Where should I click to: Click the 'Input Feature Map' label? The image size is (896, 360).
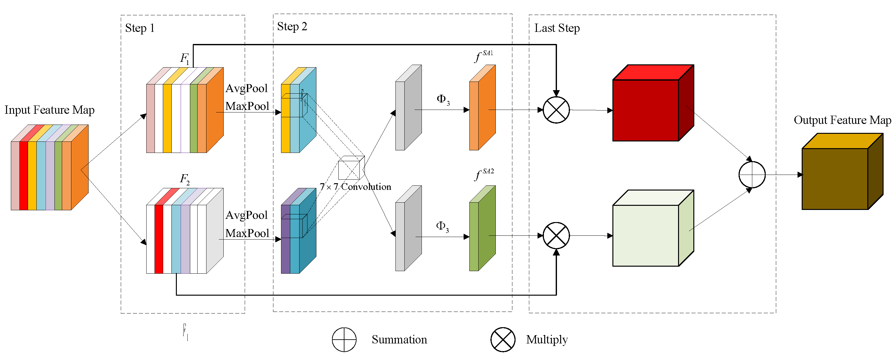(49, 110)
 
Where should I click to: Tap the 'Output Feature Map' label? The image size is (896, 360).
(842, 120)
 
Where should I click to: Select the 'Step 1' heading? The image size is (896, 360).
(140, 28)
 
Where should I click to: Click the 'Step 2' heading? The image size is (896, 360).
(292, 26)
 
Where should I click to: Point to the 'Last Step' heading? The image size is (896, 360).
(557, 28)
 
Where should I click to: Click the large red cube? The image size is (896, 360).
(645, 110)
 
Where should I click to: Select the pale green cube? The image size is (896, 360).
(645, 235)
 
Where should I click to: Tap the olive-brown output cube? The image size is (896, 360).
(835, 179)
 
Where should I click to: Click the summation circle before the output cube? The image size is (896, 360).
(752, 175)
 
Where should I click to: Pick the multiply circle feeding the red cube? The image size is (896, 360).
(556, 110)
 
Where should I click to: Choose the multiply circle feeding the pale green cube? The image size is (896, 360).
(556, 235)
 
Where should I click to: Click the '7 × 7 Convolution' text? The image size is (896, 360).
(355, 187)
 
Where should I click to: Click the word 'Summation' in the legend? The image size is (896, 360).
(399, 340)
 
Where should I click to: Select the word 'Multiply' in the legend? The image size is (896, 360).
(546, 340)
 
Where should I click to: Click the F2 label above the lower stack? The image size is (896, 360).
(184, 179)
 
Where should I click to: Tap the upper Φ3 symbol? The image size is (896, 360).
(443, 99)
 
